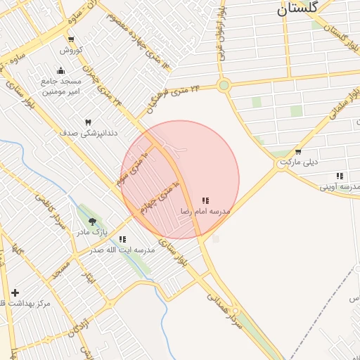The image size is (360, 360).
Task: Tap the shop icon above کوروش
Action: pos(71,39)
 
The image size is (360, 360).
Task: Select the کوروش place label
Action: pos(71,50)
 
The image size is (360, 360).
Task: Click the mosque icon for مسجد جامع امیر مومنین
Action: pos(60,70)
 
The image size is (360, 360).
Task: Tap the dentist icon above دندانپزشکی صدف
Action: pos(89,122)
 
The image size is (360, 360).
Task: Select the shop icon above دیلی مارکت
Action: pos(298,152)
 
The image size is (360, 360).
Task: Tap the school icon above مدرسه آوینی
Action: pos(340,176)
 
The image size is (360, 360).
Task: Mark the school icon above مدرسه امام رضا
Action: pos(205,201)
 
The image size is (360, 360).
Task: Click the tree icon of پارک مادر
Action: pos(92,222)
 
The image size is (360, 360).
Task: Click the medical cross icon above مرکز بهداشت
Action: pos(15,292)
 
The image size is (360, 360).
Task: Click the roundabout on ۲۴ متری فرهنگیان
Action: pos(224,86)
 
